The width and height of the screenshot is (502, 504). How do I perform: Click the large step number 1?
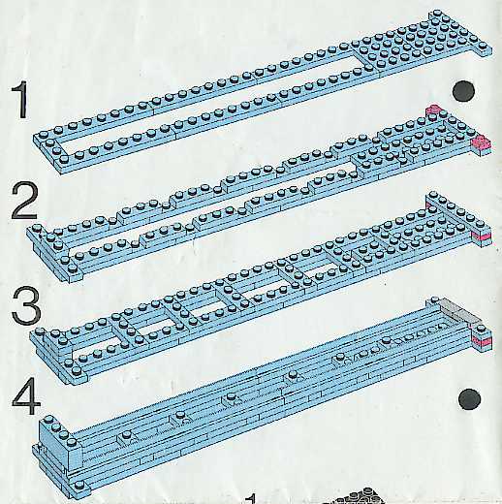point(20,100)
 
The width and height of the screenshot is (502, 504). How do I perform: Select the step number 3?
point(26,305)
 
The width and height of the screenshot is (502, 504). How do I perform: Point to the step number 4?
point(26,396)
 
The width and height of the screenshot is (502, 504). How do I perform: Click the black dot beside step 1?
point(463,91)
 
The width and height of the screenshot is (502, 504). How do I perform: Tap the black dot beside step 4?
point(469,399)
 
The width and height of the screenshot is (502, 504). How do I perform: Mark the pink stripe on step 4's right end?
point(482,339)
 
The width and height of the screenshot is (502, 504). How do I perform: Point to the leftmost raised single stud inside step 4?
point(126,435)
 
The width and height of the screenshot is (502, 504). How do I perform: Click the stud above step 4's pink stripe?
point(482,329)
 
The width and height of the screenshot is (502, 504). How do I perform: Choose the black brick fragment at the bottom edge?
point(356,497)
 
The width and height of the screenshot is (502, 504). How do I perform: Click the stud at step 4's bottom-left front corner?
point(78,485)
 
